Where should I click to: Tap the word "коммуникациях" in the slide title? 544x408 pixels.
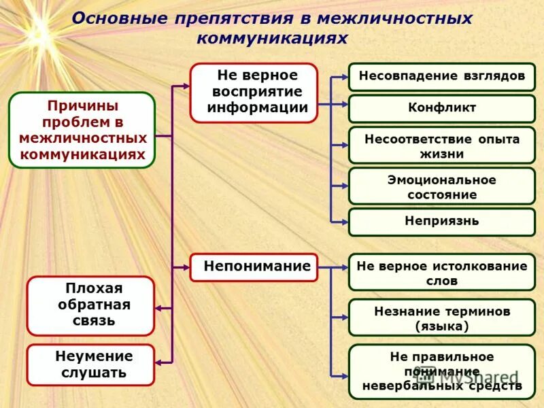coord(272,39)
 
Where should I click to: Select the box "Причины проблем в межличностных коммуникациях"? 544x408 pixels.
coord(82,130)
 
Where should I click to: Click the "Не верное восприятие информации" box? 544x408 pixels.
coord(254,92)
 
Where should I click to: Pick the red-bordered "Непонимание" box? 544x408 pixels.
coord(254,267)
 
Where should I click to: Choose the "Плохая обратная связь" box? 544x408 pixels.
coord(90,305)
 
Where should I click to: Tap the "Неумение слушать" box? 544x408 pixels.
coord(90,364)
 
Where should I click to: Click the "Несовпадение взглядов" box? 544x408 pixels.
coord(442,77)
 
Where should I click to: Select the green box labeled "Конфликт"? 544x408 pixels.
coord(442,109)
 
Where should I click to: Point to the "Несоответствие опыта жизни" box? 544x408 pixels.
coord(442,146)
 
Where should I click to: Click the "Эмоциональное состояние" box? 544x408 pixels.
coord(442,186)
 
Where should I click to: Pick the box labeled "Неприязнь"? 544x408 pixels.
coord(442,222)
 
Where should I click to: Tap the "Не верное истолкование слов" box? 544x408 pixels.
coord(442,273)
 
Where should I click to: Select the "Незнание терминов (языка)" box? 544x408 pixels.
coord(442,318)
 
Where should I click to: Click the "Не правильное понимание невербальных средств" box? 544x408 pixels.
coord(442,371)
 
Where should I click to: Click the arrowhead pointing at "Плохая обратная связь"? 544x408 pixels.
coord(158,309)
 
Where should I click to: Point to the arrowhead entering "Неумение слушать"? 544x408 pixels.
coord(158,363)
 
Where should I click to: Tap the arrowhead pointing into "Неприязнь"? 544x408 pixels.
coord(344,222)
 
